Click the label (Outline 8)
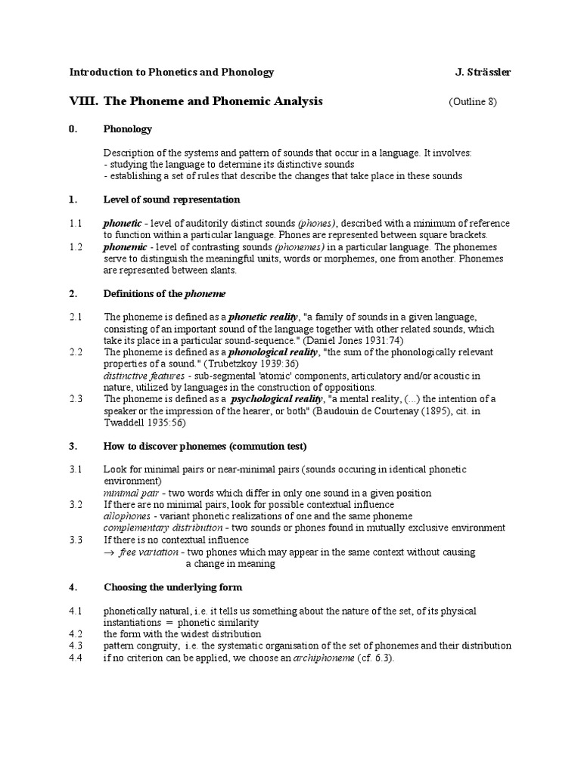point(473,102)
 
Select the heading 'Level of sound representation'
point(172,200)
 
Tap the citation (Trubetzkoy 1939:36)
point(250,364)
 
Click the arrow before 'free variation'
point(109,553)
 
